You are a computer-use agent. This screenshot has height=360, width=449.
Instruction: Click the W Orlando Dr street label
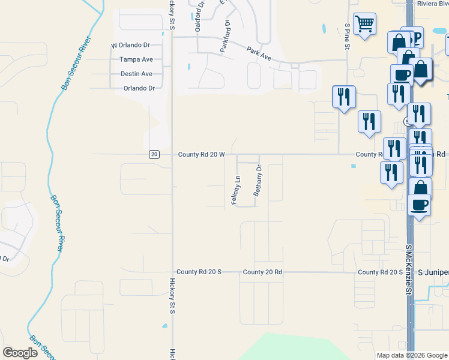point(131,45)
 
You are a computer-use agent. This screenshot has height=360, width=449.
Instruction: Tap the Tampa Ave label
point(136,59)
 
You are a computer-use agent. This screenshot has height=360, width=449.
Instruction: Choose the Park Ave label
point(259,55)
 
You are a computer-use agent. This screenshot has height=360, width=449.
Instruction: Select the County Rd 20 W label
point(202,154)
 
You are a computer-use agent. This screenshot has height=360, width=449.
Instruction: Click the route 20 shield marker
point(154,154)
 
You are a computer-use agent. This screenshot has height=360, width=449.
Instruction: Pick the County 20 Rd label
point(262,272)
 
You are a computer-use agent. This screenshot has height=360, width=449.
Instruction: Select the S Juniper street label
point(433,272)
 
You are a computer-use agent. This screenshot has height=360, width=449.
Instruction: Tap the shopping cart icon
point(364,25)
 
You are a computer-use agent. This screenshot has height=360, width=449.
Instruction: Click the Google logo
point(20,353)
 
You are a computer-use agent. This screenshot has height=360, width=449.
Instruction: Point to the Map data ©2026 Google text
point(412,355)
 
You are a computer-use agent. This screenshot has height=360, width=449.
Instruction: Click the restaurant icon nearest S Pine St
point(343,97)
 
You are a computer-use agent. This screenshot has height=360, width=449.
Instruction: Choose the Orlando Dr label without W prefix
point(139,88)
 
